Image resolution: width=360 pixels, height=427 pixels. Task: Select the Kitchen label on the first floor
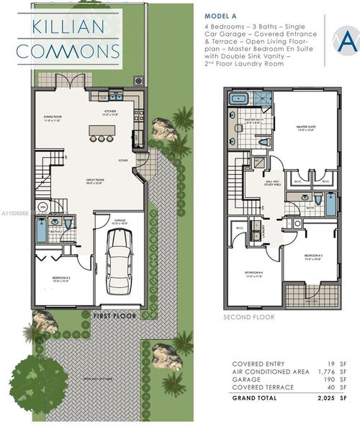(111, 113)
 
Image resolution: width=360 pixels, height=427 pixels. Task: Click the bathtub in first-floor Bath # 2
(40, 232)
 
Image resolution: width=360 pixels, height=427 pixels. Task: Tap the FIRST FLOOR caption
(115, 315)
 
